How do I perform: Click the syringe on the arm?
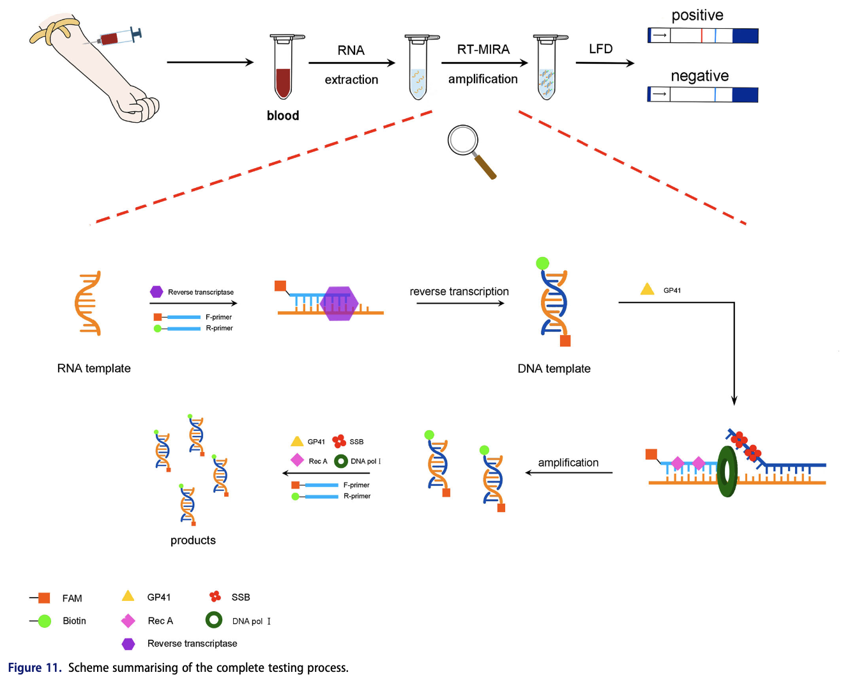pyautogui.click(x=115, y=38)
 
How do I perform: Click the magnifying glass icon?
pyautogui.click(x=469, y=148)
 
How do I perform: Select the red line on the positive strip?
pyautogui.click(x=701, y=35)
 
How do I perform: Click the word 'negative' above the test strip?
pyautogui.click(x=699, y=76)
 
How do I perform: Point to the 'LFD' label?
pyautogui.click(x=600, y=49)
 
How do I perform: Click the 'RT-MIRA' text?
pyautogui.click(x=483, y=49)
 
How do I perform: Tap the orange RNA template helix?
pyautogui.click(x=88, y=303)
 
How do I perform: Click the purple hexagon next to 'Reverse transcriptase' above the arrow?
pyautogui.click(x=156, y=292)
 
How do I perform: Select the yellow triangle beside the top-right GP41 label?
pyautogui.click(x=647, y=290)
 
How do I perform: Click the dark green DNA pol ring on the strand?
pyautogui.click(x=727, y=471)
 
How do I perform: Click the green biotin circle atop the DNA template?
pyautogui.click(x=542, y=263)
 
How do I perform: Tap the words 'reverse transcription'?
pyautogui.click(x=459, y=291)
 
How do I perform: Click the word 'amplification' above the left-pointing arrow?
pyautogui.click(x=568, y=463)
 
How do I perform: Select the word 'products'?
pyautogui.click(x=193, y=540)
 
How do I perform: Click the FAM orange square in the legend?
pyautogui.click(x=44, y=598)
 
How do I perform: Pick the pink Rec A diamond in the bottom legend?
pyautogui.click(x=128, y=621)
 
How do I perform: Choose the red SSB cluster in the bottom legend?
pyautogui.click(x=215, y=596)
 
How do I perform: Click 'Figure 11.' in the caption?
pyautogui.click(x=34, y=668)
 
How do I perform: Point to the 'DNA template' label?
pyautogui.click(x=554, y=369)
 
